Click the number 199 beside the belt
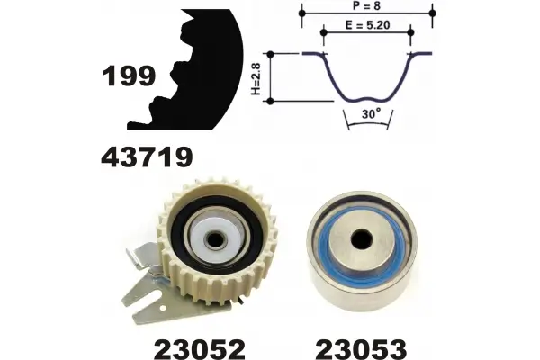(x=129, y=76)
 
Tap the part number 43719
(x=147, y=157)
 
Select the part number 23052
(x=200, y=349)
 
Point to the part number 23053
(x=361, y=349)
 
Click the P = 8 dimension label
(x=367, y=6)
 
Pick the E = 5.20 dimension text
(x=367, y=25)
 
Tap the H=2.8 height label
(x=256, y=78)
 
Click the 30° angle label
(x=371, y=113)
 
